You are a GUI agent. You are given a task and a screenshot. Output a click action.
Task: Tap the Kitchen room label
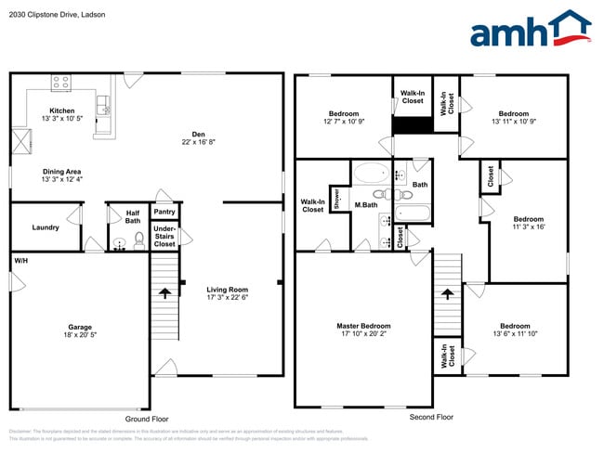pos(61,110)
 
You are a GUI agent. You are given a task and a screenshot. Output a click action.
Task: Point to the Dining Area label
pos(61,172)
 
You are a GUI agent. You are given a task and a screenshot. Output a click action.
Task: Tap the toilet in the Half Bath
pos(139,240)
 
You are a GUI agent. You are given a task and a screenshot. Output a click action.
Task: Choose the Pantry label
pos(164,212)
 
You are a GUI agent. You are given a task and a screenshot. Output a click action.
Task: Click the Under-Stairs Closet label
pos(164,236)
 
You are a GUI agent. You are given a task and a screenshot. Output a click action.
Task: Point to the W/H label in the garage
pos(20,262)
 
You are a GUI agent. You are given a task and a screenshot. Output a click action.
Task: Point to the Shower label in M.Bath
pos(336,199)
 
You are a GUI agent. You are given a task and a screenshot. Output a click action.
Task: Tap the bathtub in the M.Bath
pos(372,174)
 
